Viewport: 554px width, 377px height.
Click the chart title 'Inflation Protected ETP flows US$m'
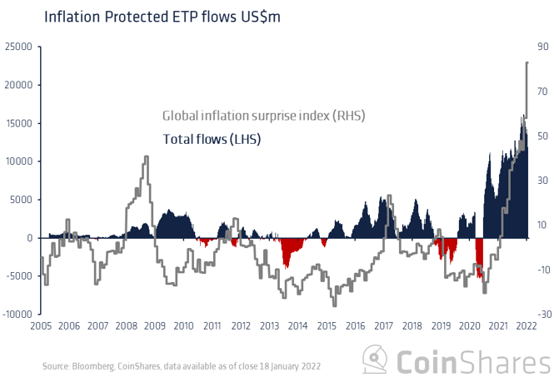139,16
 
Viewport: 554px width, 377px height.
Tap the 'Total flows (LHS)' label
212,140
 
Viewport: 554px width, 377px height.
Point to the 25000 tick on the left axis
19,47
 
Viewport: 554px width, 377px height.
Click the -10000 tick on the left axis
17,315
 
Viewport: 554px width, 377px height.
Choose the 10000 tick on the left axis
19,161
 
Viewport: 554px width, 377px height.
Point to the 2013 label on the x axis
270,327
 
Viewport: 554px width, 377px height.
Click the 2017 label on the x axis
384,327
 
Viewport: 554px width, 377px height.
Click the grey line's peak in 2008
147,156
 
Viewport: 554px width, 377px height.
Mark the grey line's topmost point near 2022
527,62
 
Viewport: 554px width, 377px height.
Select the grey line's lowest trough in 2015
333,305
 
